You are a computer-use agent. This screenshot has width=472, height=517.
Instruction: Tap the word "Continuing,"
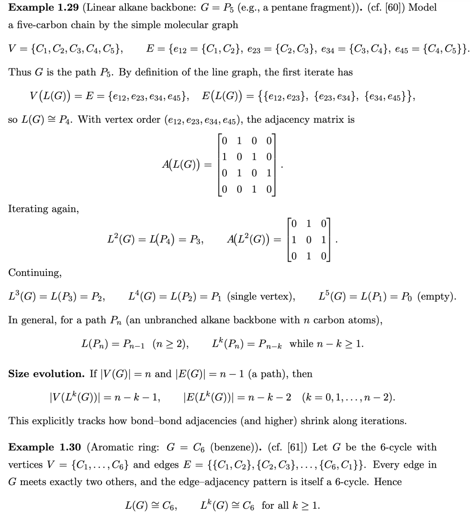coord(35,272)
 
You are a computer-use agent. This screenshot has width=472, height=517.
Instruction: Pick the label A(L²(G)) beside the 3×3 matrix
coord(248,239)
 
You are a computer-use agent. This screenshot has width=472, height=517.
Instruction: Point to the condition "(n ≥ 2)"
coord(170,344)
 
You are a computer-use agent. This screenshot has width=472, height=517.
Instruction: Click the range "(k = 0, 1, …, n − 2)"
coord(348,397)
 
